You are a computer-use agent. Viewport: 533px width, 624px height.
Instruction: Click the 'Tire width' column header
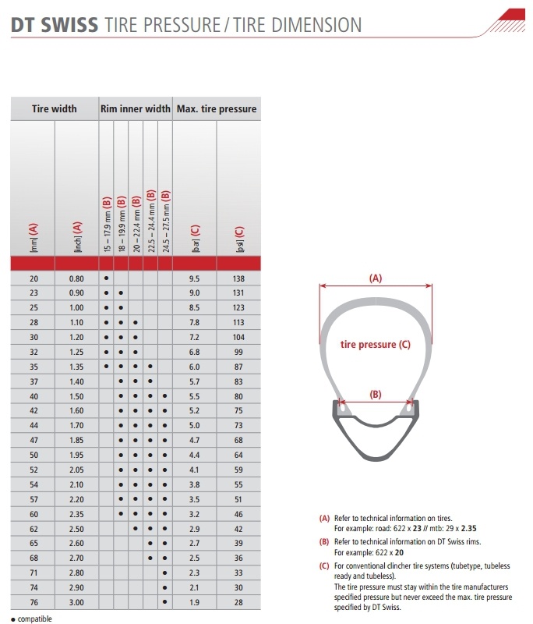tap(54, 108)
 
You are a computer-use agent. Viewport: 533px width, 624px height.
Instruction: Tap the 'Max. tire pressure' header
tap(217, 108)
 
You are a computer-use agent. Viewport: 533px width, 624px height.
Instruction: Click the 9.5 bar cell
tap(195, 278)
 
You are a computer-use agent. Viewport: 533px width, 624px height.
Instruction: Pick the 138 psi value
tap(238, 278)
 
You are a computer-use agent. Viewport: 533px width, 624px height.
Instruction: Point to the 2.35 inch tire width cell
tap(76, 514)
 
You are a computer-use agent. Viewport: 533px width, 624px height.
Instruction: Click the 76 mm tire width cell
tap(32, 602)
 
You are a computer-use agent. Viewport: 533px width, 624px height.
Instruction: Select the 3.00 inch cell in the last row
tap(76, 602)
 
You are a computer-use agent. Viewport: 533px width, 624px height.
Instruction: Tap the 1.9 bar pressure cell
tap(195, 602)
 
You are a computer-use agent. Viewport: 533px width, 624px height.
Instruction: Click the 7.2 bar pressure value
tap(195, 337)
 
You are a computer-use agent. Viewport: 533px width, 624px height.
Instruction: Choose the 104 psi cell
tap(238, 337)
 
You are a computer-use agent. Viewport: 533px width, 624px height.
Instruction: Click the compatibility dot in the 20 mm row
tap(106, 278)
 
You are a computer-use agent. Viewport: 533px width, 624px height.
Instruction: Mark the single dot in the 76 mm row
tap(164, 602)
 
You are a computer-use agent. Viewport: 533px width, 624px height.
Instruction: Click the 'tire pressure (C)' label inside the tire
tap(376, 344)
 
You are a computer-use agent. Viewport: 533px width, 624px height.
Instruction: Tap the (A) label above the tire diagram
tap(375, 277)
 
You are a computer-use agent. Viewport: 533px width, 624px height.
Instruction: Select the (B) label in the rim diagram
tap(376, 395)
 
